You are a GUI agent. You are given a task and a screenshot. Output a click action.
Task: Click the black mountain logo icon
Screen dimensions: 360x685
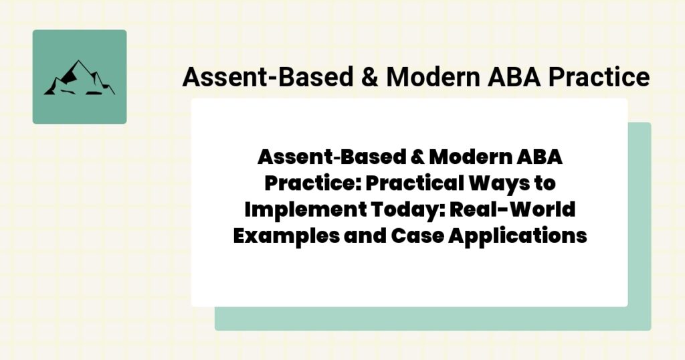(x=79, y=78)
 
